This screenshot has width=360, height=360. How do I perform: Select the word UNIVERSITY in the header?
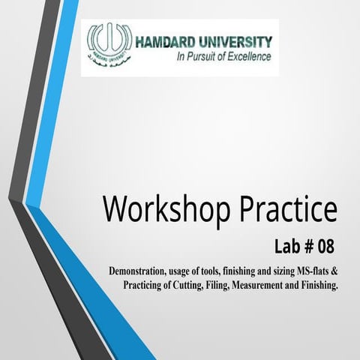coord(235,42)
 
